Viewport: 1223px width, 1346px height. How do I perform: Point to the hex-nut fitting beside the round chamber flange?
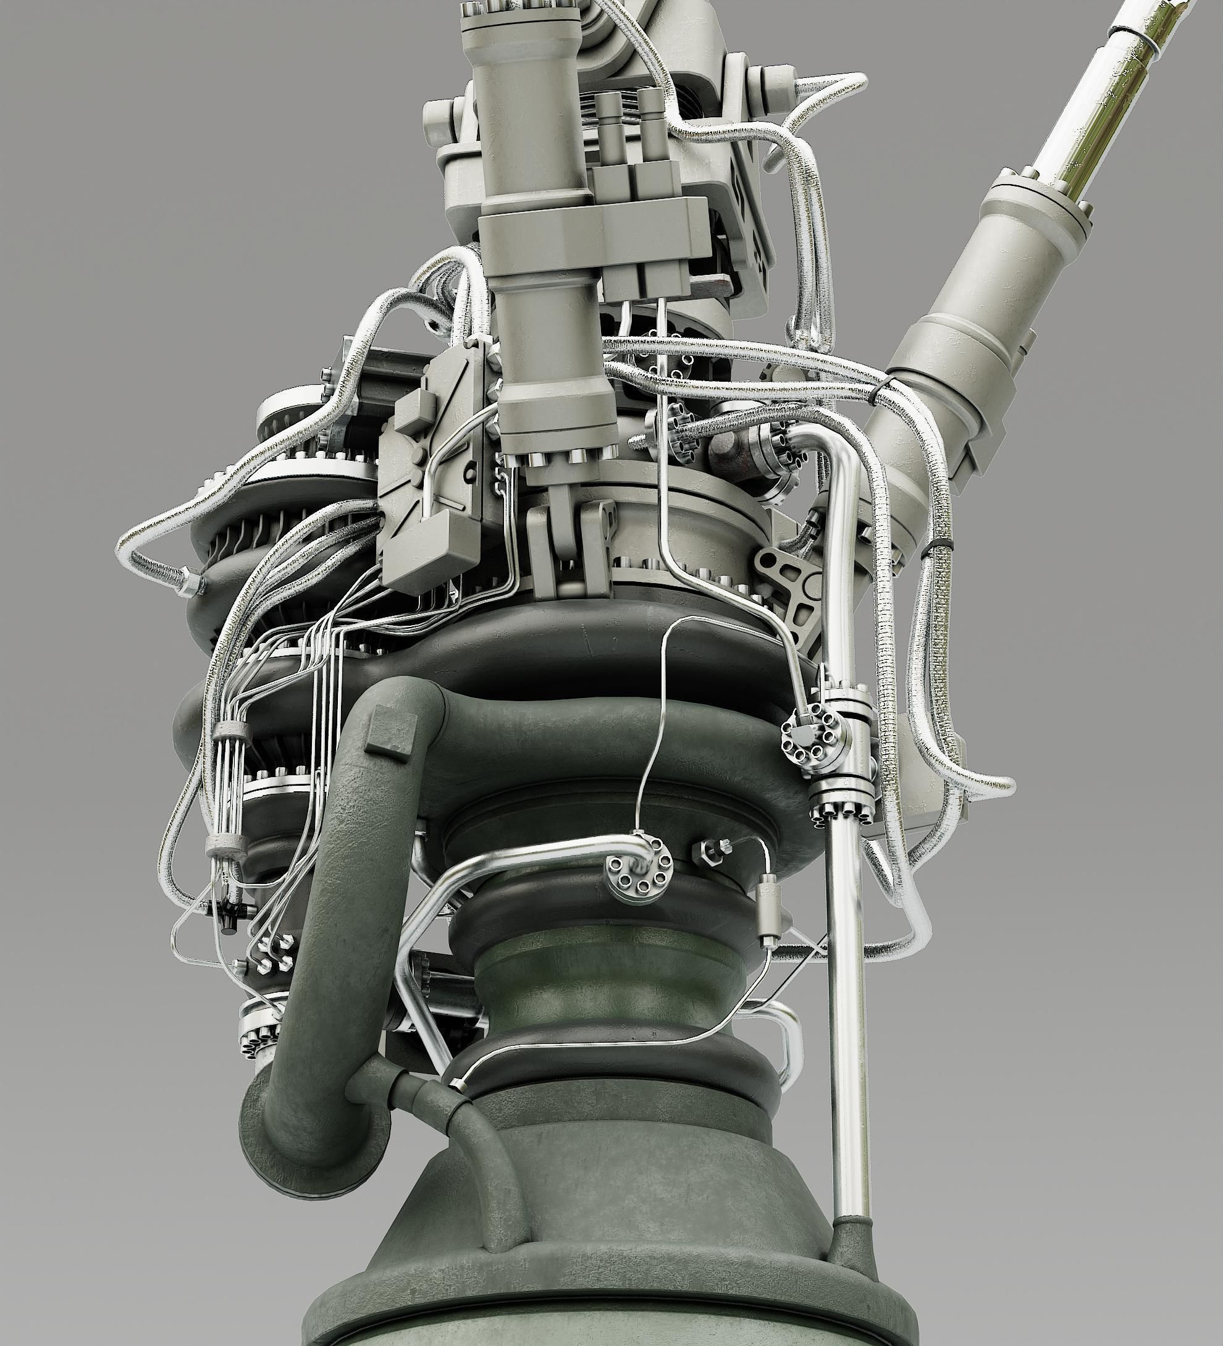tap(712, 851)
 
